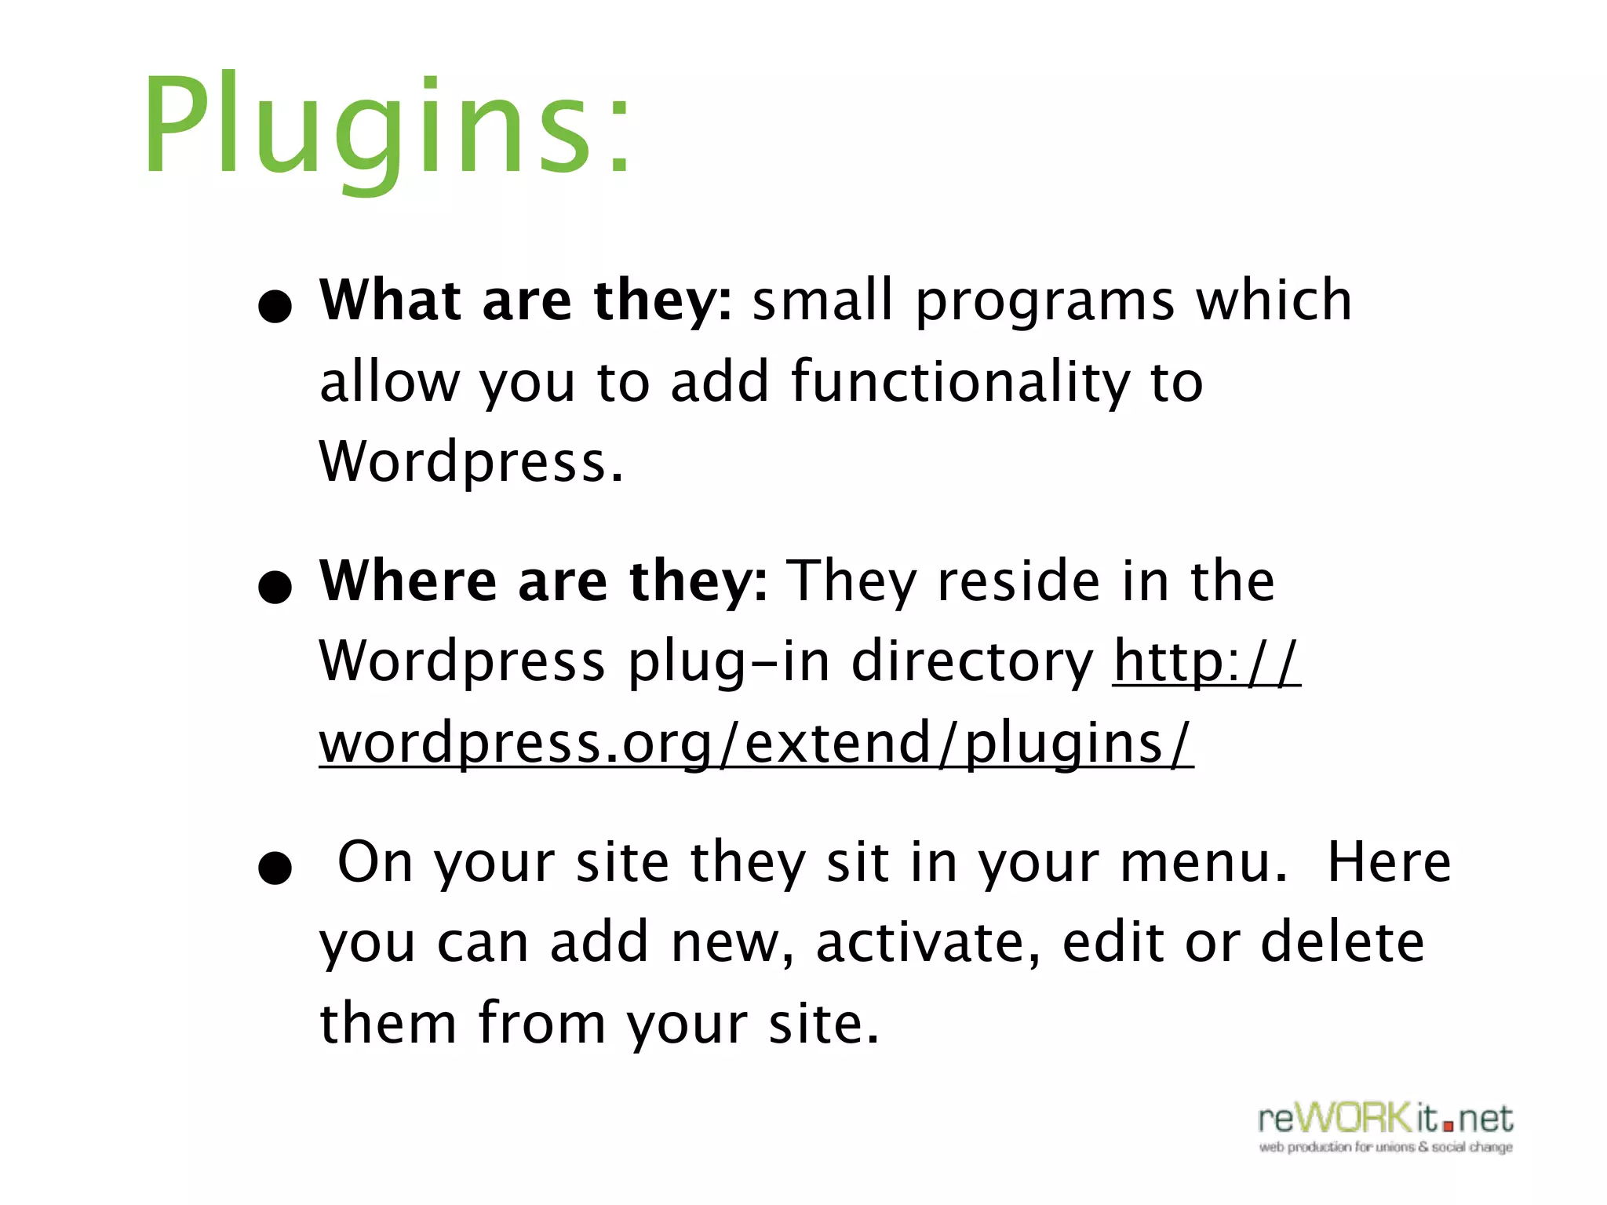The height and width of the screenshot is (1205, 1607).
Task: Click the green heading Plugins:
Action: [386, 126]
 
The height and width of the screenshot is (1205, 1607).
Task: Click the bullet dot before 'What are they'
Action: [275, 307]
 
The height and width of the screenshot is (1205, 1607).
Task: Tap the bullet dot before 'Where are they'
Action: [275, 588]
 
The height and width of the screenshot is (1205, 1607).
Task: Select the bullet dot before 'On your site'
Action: [275, 868]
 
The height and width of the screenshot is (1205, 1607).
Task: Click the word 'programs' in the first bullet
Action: [1045, 303]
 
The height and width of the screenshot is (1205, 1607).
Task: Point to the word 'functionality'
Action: [960, 383]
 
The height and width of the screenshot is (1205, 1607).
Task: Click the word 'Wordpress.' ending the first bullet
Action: [471, 463]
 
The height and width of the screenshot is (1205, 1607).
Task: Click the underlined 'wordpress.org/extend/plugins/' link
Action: [756, 744]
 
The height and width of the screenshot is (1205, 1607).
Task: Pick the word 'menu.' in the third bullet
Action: [1204, 863]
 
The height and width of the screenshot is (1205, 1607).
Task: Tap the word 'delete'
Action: [1342, 943]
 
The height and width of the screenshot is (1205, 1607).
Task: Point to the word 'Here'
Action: [1389, 863]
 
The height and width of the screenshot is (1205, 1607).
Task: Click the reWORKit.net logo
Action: [1386, 1120]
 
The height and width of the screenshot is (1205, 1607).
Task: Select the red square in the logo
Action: [1448, 1127]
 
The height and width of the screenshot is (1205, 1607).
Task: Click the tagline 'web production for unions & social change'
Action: [1386, 1148]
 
